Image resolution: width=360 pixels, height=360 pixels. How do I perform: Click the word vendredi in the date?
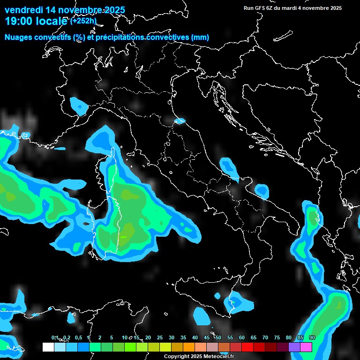[x=23, y=10]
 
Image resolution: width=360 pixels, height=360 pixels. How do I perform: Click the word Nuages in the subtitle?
[x=19, y=37]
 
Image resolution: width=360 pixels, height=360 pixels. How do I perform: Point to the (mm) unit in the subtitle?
[x=200, y=37]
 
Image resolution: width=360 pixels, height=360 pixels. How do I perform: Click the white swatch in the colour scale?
[x=48, y=347]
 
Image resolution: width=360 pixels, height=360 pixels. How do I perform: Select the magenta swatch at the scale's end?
[x=306, y=347]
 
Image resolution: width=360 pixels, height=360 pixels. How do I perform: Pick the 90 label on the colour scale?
[x=312, y=338]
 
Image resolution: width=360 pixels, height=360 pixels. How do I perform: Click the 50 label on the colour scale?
[x=218, y=338]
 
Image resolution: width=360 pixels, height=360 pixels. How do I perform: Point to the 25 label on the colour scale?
[x=160, y=338]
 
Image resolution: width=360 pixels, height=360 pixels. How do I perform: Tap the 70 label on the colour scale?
[x=265, y=338]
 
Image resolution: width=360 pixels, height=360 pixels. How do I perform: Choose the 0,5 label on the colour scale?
[x=78, y=338]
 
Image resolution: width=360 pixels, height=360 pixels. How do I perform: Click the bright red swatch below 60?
[x=247, y=347]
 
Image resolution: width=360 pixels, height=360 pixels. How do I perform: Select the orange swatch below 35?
[x=189, y=347]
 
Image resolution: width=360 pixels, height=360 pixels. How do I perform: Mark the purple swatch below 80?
[x=294, y=347]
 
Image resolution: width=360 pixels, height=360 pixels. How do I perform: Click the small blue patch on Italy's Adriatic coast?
[x=180, y=121]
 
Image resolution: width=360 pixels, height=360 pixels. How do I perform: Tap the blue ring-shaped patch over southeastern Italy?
[x=262, y=191]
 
